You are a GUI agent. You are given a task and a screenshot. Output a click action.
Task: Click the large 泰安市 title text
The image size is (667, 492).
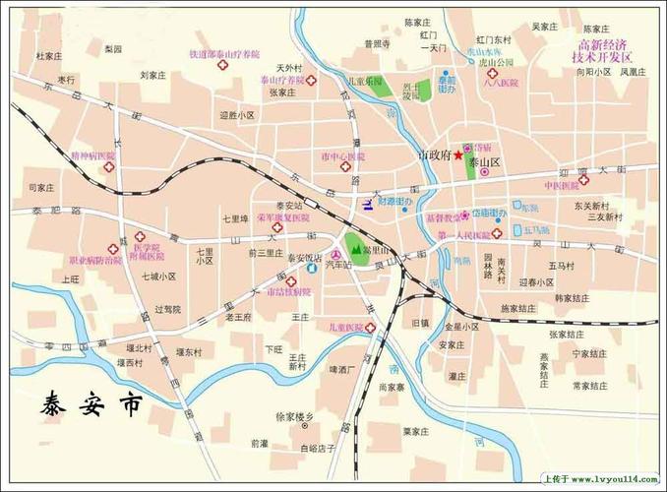click(x=91, y=404)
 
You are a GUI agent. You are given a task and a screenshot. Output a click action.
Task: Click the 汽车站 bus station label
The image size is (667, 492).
click(x=339, y=266)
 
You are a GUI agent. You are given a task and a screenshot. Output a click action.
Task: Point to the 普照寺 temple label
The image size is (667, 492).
click(x=377, y=43)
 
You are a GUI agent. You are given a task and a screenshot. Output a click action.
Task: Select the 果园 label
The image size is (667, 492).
click(x=113, y=48)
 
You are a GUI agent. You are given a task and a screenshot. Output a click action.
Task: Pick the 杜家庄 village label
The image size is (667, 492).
click(x=50, y=56)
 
